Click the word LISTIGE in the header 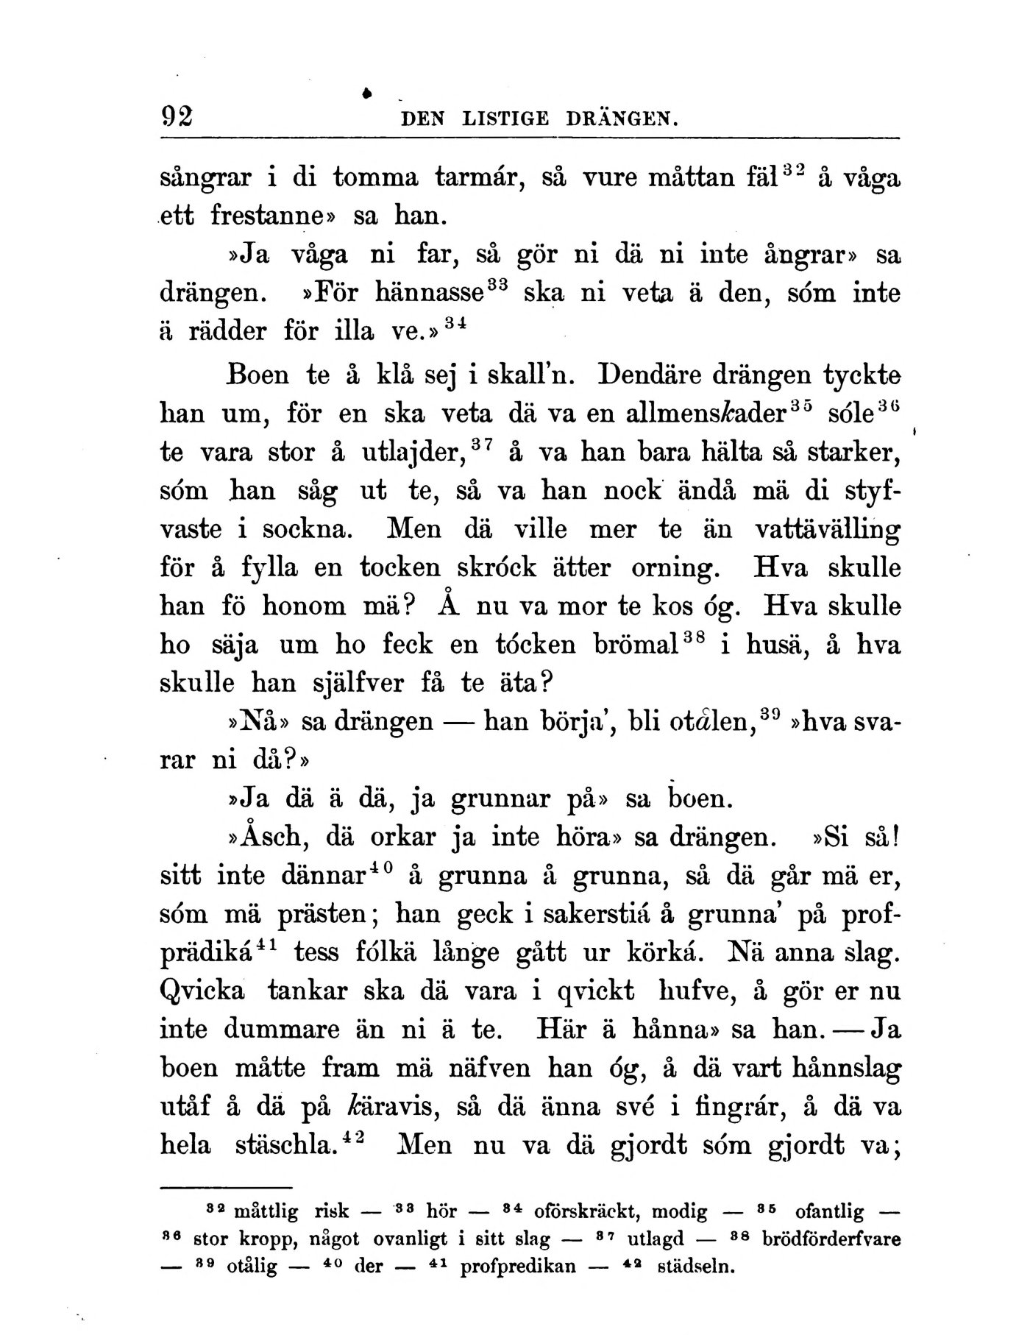(x=506, y=118)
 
